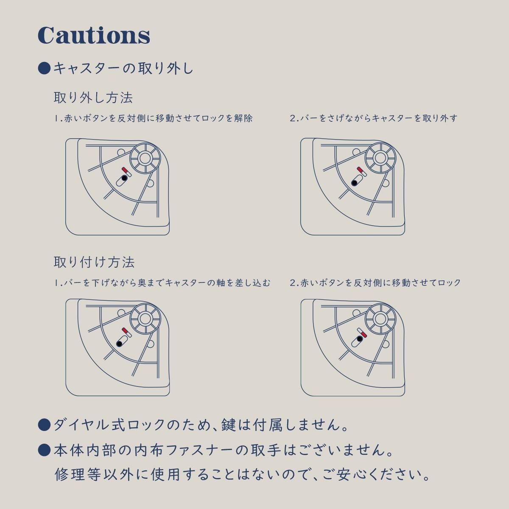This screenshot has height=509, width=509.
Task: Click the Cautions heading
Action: click(x=94, y=35)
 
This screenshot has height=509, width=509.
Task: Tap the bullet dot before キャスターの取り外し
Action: click(x=44, y=68)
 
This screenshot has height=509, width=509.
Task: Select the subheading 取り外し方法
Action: click(x=93, y=98)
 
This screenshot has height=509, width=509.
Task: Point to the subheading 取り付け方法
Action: click(x=94, y=262)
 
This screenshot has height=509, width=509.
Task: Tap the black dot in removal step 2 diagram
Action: click(x=354, y=183)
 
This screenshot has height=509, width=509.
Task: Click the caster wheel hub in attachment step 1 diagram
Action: click(x=145, y=319)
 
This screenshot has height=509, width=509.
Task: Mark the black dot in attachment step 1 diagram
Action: click(x=119, y=344)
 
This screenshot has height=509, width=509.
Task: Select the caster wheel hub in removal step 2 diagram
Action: click(x=380, y=158)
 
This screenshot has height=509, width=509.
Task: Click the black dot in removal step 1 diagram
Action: click(x=124, y=178)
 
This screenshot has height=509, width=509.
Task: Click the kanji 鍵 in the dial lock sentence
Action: click(x=229, y=425)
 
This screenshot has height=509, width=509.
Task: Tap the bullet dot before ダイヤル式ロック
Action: click(x=44, y=425)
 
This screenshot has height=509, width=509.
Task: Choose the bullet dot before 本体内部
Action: click(x=44, y=450)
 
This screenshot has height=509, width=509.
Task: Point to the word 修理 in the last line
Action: click(x=70, y=475)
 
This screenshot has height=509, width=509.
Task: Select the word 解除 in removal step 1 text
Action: click(x=243, y=118)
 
